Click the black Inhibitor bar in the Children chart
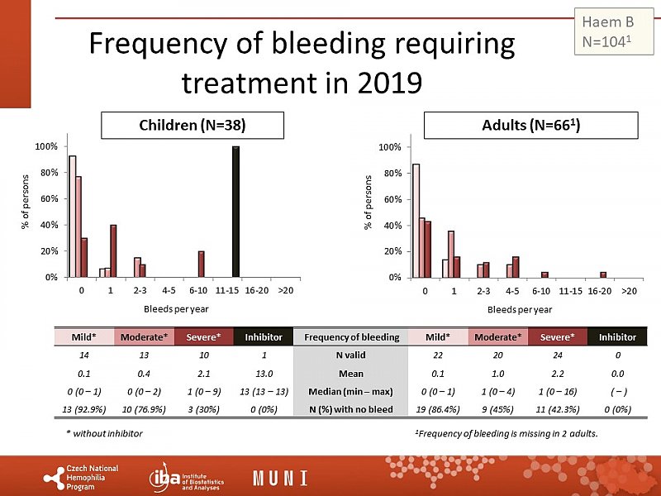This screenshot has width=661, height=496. (235, 212)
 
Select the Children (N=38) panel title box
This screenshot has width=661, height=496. (193, 126)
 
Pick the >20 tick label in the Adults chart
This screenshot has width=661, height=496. (630, 291)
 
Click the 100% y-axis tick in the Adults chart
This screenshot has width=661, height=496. (389, 147)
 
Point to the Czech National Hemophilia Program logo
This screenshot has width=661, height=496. (80, 479)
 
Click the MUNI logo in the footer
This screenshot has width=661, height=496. (280, 479)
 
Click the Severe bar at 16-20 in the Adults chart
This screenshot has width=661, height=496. (603, 274)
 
